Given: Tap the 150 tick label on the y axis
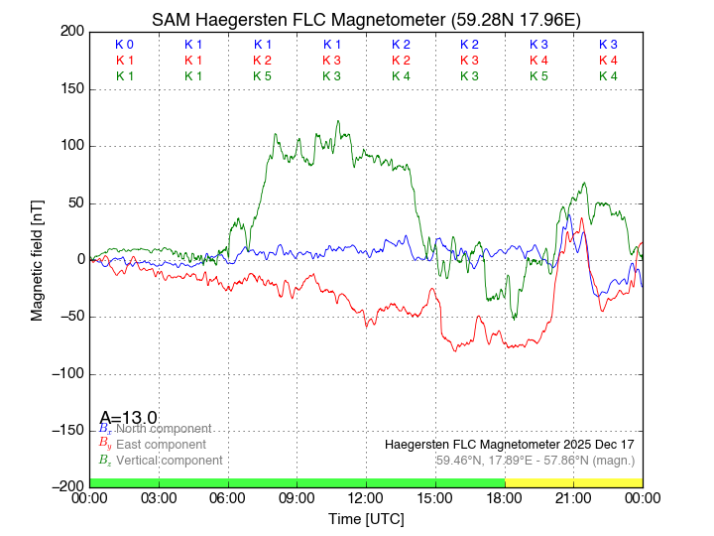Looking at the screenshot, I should (x=71, y=89).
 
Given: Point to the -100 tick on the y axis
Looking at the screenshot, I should (x=67, y=374).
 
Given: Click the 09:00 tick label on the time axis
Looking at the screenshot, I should (x=297, y=497).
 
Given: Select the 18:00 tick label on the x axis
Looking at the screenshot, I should (x=504, y=497).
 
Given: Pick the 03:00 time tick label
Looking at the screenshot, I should (x=159, y=497).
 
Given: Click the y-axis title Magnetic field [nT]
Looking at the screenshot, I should (x=38, y=258).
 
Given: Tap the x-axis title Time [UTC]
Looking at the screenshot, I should (x=366, y=518).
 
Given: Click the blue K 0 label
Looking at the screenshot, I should (x=124, y=45).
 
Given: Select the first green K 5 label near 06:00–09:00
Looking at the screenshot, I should (x=262, y=75).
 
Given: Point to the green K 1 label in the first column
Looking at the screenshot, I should (x=124, y=75).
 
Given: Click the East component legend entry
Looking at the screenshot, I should (x=159, y=444).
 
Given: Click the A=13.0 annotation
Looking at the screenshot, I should (x=129, y=417).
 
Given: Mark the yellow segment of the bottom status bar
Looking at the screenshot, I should (x=573, y=481).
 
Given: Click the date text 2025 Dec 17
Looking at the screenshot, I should (x=595, y=444).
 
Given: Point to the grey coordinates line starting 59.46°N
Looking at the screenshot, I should (x=535, y=461).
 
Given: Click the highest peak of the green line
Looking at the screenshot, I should (x=337, y=121).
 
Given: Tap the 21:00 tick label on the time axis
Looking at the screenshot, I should (x=573, y=497).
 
